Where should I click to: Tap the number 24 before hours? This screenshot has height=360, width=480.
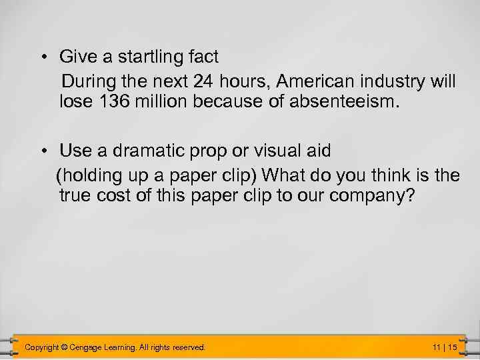(203, 82)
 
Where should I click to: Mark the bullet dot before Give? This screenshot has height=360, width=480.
(42, 58)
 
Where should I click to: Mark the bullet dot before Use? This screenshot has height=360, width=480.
(42, 151)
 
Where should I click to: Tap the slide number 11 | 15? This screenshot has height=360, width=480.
(444, 347)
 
